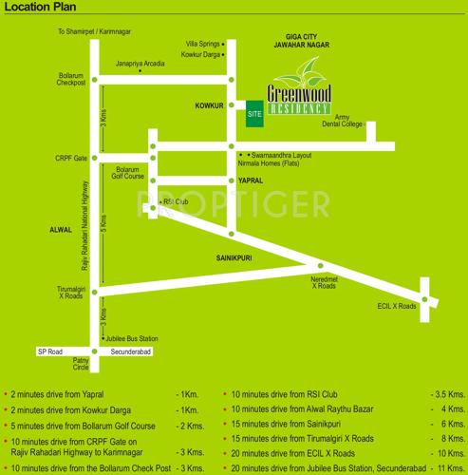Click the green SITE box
pos(253,112)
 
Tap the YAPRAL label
pos(251,180)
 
